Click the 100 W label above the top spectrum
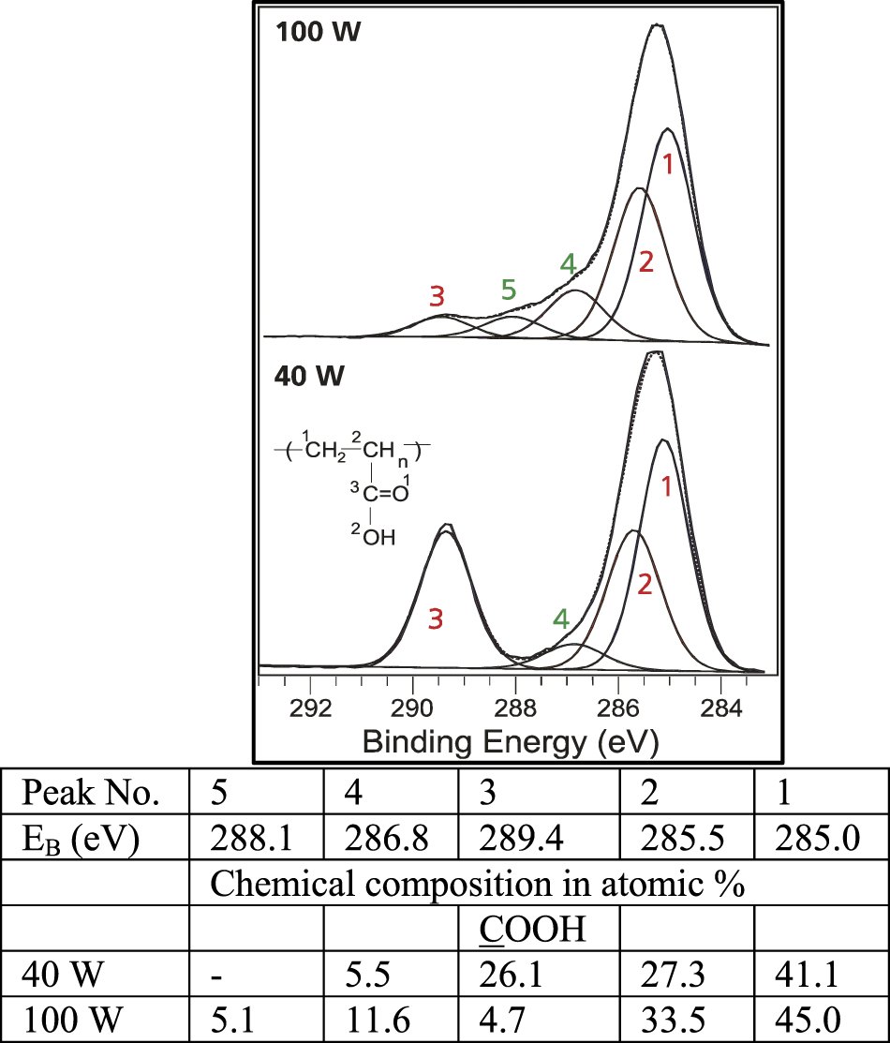click(x=318, y=32)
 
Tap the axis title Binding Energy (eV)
click(x=511, y=742)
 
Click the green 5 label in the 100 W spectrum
click(x=508, y=290)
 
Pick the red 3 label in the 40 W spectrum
click(x=435, y=618)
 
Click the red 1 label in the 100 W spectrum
click(x=668, y=165)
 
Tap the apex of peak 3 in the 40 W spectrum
click(x=446, y=527)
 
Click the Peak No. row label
click(x=92, y=795)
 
